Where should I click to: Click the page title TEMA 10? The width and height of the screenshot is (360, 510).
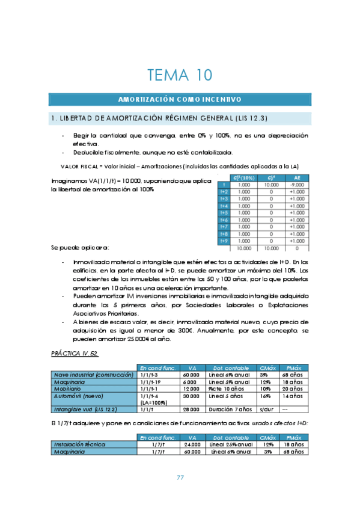point(180,75)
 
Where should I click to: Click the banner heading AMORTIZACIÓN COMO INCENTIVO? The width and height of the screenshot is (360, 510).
point(180,99)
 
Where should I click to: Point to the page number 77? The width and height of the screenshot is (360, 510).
point(180,478)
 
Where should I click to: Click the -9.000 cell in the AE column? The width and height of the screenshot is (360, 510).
point(297,185)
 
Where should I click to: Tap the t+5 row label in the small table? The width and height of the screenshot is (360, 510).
point(224,212)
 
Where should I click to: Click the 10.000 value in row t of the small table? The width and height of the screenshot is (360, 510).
point(271,185)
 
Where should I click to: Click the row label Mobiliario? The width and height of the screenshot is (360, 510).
point(69,389)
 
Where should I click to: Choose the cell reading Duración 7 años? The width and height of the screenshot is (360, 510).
point(230,410)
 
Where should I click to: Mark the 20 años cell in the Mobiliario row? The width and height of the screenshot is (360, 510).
point(291,389)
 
